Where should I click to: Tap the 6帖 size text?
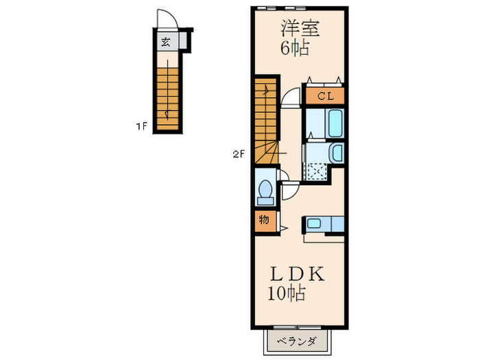[x=293, y=49]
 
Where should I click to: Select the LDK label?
[x=296, y=274]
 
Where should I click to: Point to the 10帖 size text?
[x=287, y=294]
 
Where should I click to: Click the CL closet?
[x=324, y=97]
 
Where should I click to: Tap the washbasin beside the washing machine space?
[x=337, y=153]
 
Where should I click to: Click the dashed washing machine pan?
[x=316, y=171]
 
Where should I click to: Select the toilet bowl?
[x=265, y=193]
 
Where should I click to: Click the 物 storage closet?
[x=264, y=221]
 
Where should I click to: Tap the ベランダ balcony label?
[x=297, y=341]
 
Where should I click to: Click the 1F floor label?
[x=141, y=126]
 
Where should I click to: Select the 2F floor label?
[x=238, y=154]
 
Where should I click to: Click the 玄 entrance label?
[x=165, y=42]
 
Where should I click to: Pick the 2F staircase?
[x=265, y=120]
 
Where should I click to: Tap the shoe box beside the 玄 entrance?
[x=186, y=43]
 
